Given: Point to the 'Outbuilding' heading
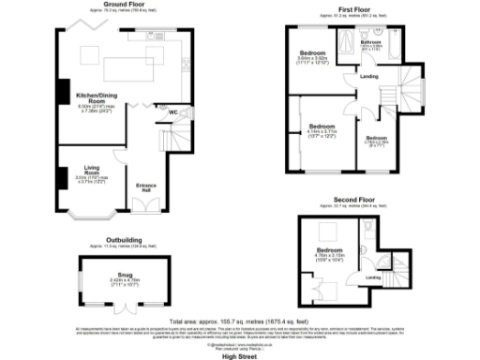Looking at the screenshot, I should (124, 240).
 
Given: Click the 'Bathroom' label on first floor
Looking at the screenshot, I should (371, 43).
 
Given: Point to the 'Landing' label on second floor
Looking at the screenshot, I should (372, 277).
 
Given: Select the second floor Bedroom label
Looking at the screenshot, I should (330, 250).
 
